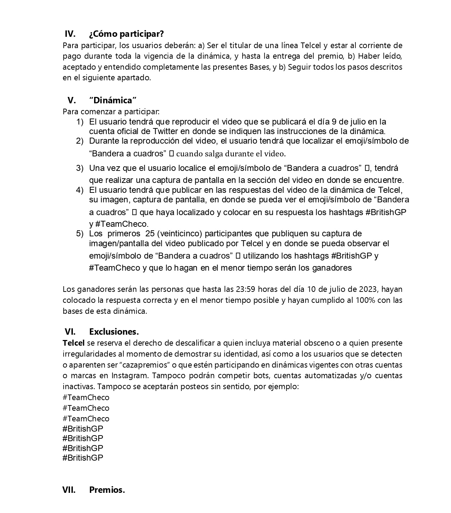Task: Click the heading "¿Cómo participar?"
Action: tap(126, 34)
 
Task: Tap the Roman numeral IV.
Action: tap(70, 34)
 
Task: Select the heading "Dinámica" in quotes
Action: tap(113, 100)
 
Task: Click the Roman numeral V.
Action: tap(71, 100)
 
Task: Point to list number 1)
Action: tap(80, 122)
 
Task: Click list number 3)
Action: tap(80, 168)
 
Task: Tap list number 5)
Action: tap(80, 234)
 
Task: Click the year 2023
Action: tap(368, 289)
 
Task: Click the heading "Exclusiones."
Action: tap(114, 332)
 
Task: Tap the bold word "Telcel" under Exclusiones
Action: tap(74, 343)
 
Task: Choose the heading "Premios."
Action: tap(107, 490)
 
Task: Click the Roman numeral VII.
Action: tap(69, 490)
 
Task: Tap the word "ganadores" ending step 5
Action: tap(332, 268)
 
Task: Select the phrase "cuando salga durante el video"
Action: tap(230, 154)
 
